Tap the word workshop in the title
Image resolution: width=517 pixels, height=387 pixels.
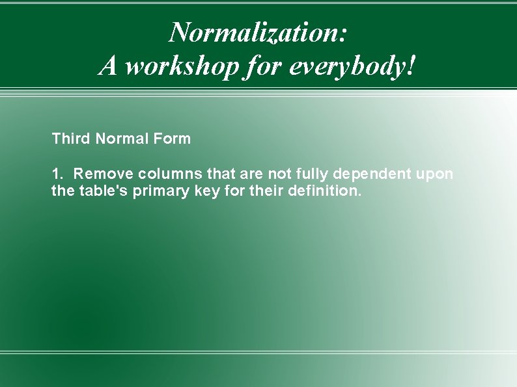click(x=182, y=66)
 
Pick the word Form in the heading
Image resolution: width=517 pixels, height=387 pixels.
click(x=174, y=139)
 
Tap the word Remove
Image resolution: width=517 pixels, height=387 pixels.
click(x=104, y=174)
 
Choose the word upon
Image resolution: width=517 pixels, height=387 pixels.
click(x=437, y=174)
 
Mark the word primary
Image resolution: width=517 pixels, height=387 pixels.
click(x=161, y=192)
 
